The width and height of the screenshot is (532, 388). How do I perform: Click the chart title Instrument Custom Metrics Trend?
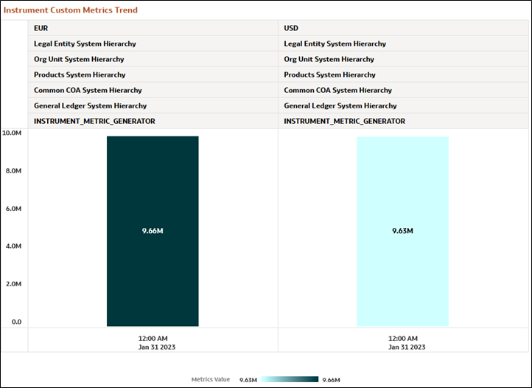tap(71, 10)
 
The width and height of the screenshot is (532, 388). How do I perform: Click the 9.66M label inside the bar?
tap(153, 231)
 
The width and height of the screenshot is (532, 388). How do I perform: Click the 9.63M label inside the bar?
tap(402, 231)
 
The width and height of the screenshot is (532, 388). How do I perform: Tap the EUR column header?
tap(41, 28)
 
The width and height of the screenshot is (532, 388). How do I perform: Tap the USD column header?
tap(292, 28)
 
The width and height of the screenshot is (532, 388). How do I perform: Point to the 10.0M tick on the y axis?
tap(12, 134)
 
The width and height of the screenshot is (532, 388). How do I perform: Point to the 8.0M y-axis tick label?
tap(13, 171)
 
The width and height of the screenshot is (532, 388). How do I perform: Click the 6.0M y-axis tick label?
tap(13, 209)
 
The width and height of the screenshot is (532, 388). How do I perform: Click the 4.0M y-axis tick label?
tap(13, 246)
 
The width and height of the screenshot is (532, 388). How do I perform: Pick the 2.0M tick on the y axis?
tap(13, 284)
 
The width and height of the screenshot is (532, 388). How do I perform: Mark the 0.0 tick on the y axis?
tap(16, 322)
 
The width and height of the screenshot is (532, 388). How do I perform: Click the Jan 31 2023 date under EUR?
tap(153, 347)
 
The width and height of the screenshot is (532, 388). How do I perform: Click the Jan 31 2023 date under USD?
tap(402, 347)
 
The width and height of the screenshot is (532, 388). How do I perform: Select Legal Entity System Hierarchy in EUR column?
tap(85, 44)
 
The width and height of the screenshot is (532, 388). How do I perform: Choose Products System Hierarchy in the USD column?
tap(330, 75)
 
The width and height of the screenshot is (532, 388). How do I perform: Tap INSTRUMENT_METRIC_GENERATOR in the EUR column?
tap(94, 121)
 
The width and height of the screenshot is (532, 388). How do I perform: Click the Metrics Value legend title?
tap(211, 379)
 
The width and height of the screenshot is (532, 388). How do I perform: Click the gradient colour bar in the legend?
tap(290, 379)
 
